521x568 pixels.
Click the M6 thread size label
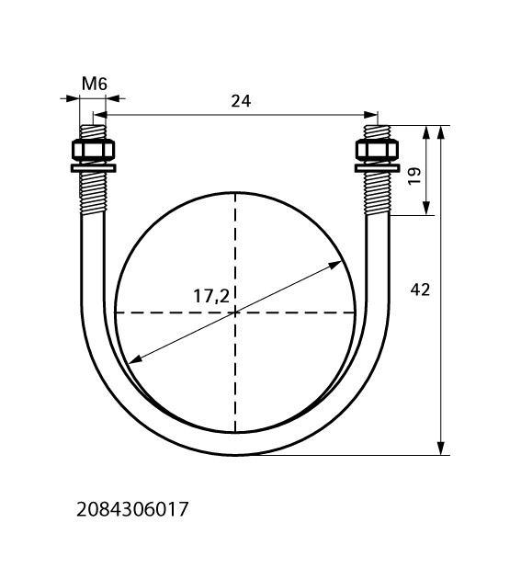95,84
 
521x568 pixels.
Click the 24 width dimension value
241,101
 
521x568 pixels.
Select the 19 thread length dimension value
414,176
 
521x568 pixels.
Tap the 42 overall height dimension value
420,290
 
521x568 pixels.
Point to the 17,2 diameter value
211,296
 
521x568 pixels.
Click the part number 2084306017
132,509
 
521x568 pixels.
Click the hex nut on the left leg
94,149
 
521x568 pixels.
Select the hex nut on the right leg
377,149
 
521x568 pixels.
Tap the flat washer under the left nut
94,168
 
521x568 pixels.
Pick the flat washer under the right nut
377,168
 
